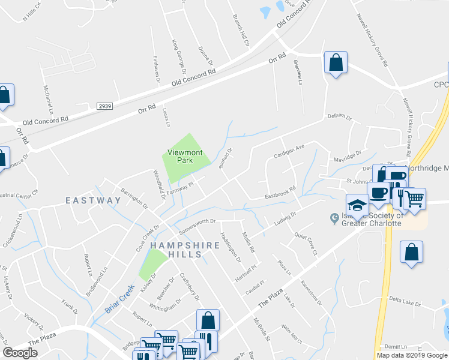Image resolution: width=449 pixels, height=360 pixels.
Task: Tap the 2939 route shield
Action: coord(104,106)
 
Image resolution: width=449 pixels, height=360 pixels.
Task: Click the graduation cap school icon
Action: coord(357,205)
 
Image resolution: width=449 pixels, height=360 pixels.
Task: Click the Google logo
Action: coord(20,352)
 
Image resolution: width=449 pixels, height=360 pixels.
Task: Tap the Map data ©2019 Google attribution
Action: coord(411,355)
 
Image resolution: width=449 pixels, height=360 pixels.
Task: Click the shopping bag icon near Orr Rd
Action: coord(336,62)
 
